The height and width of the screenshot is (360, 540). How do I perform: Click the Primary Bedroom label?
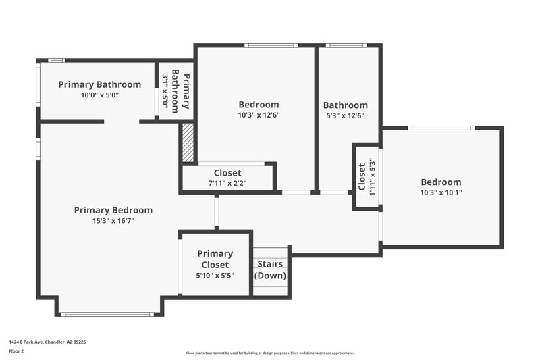tap(113, 210)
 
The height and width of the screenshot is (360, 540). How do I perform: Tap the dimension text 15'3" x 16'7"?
tap(113, 220)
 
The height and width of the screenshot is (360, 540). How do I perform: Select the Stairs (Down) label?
tap(270, 269)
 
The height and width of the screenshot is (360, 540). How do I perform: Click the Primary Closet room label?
tap(215, 259)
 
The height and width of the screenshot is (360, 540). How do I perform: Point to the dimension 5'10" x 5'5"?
tap(215, 275)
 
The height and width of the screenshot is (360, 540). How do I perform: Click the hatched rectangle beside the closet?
tap(187, 143)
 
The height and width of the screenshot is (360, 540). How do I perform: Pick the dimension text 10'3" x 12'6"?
tap(259, 115)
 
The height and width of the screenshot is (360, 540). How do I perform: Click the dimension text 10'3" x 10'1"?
tap(441, 192)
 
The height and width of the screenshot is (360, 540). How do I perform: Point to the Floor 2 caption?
tap(16, 351)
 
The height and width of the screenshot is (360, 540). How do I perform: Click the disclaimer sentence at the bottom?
tap(269, 353)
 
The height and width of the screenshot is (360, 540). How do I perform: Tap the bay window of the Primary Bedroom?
tap(107, 314)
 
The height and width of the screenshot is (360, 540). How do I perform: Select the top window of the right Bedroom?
tap(441, 128)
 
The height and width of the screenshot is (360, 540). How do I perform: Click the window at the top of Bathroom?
tap(346, 46)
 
